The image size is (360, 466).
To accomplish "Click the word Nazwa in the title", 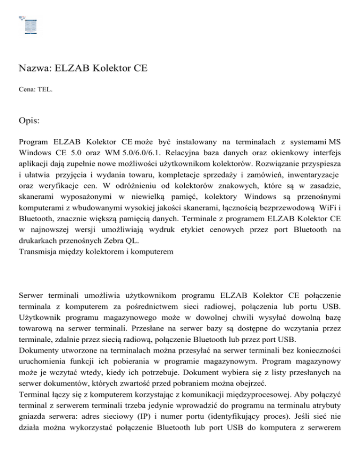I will pos(33,68).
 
